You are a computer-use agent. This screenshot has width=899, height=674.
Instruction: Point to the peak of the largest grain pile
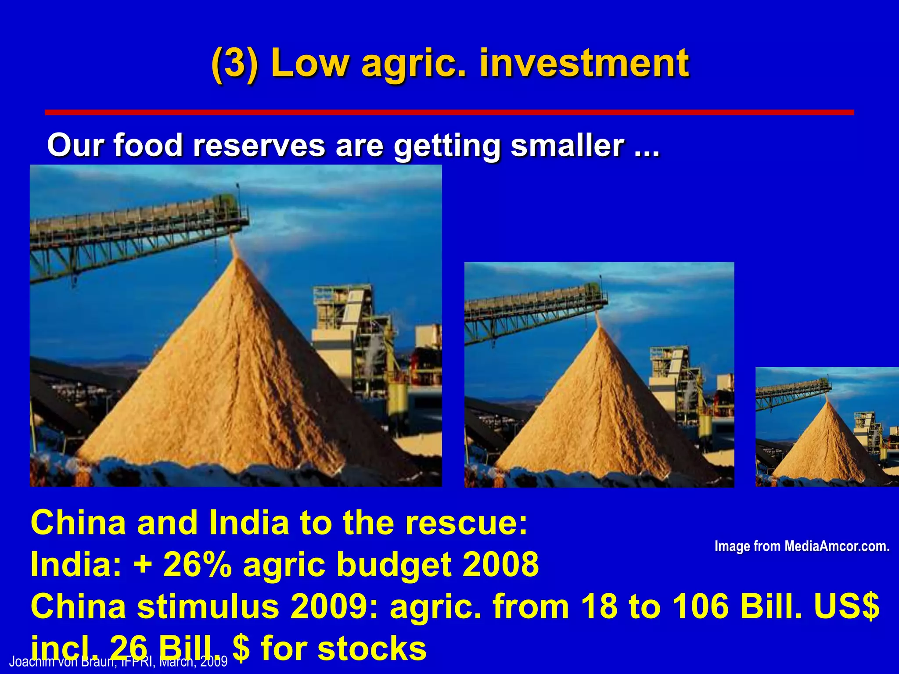coord(237,259)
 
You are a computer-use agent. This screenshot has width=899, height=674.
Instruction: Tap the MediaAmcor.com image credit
coord(802,546)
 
